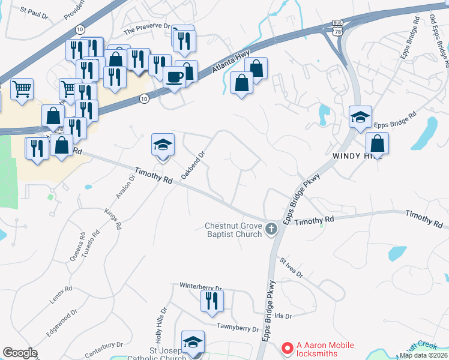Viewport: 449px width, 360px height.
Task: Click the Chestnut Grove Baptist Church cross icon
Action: (271, 229)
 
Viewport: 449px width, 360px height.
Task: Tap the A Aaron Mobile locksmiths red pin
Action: (287, 347)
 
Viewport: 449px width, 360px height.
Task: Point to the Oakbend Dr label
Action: (193, 161)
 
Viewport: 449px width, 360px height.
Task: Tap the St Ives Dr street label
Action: (291, 267)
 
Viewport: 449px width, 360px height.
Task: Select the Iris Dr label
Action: (283, 316)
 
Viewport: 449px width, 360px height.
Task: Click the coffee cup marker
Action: (174, 77)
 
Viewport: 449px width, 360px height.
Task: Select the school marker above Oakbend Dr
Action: (163, 145)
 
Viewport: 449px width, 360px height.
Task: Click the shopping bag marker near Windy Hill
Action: (377, 143)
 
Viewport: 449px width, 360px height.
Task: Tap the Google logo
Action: (20, 353)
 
